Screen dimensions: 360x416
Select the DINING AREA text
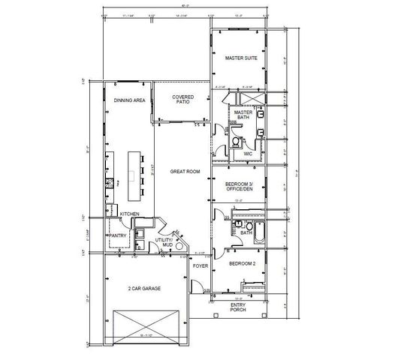pyautogui.click(x=129, y=100)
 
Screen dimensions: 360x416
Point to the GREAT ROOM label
pyautogui.click(x=185, y=172)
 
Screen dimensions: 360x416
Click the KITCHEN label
pyautogui.click(x=131, y=214)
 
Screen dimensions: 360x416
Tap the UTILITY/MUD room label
pyautogui.click(x=164, y=244)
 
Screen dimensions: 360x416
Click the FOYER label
pyautogui.click(x=199, y=265)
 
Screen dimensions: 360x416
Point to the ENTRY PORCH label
pyautogui.click(x=237, y=307)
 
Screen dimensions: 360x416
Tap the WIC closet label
pyautogui.click(x=247, y=154)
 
